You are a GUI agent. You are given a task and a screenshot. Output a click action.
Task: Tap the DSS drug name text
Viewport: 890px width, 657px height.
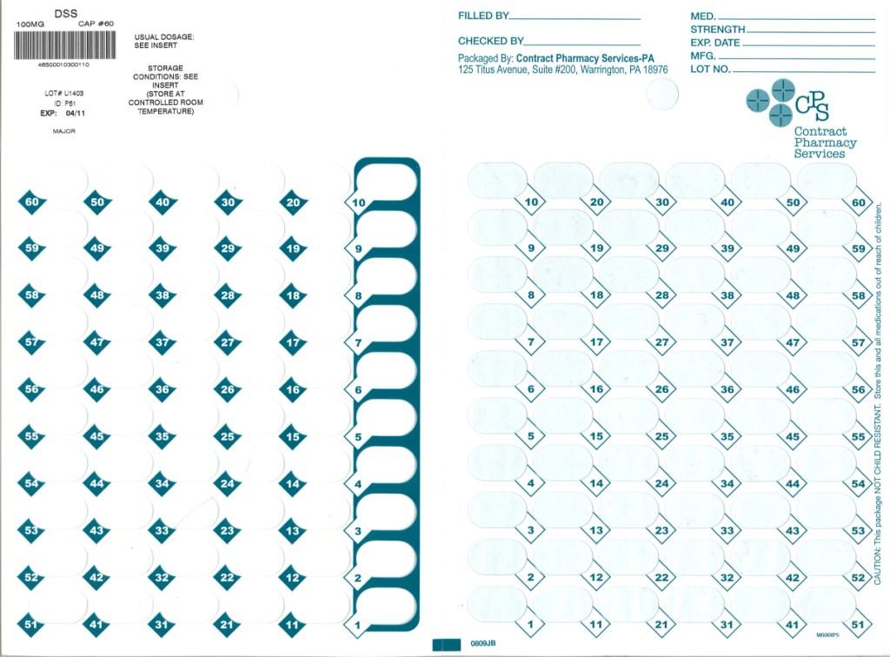pos(66,13)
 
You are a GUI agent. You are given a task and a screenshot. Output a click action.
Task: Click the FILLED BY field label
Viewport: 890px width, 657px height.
pos(483,16)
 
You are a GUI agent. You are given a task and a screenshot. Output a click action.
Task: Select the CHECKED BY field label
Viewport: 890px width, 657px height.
pos(490,41)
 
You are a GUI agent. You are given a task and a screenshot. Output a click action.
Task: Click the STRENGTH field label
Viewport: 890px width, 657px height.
pos(717,30)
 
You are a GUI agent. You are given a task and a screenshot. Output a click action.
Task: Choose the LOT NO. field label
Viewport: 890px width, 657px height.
pos(710,69)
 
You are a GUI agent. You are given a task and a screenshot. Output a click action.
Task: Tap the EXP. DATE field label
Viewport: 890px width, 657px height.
pos(714,43)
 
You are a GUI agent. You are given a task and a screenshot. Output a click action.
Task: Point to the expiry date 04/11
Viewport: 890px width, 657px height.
pos(76,113)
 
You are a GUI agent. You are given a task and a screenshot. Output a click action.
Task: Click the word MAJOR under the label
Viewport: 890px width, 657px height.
pos(64,131)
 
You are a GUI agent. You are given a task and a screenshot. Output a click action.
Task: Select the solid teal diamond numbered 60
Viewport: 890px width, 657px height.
pos(32,202)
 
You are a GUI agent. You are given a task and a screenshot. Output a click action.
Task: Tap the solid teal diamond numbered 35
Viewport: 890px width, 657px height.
pos(163,437)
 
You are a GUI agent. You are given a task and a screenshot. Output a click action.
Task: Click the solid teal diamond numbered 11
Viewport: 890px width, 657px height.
pos(293,625)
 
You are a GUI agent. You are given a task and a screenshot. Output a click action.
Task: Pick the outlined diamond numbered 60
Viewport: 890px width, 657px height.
pos(859,202)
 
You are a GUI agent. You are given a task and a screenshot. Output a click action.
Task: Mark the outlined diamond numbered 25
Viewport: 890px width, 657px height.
pos(662,437)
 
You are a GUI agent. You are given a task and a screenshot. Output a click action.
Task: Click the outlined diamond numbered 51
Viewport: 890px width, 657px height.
pos(859,625)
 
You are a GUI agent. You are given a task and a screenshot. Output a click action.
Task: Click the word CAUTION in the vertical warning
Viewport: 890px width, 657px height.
pos(878,565)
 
